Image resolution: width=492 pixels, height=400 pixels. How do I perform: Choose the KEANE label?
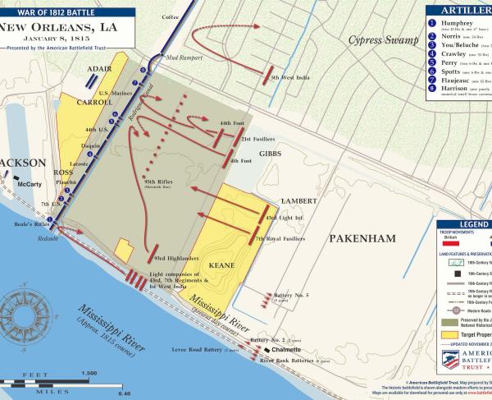[x=222, y=266]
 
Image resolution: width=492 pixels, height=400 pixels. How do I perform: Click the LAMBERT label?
[x=298, y=201]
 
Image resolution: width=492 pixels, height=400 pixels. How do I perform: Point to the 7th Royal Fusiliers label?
[x=279, y=239]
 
